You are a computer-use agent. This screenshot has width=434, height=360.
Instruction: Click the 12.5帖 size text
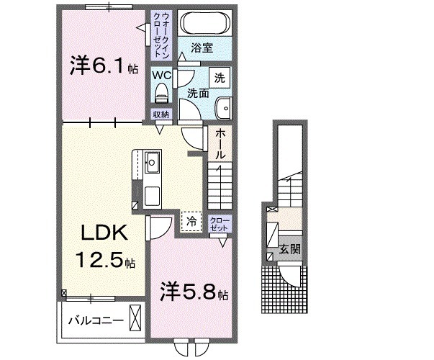click(105, 258)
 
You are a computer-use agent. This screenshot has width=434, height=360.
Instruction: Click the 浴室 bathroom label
click(202, 48)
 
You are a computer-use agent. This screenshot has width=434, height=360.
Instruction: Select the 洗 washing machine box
click(218, 76)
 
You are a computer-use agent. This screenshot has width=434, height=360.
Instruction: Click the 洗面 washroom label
click(199, 93)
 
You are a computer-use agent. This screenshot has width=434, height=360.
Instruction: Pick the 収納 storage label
click(161, 114)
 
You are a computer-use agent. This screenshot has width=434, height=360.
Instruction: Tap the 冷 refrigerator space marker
click(191, 221)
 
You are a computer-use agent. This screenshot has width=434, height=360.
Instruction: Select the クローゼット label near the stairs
click(219, 223)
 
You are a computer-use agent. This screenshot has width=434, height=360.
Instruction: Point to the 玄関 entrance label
click(291, 250)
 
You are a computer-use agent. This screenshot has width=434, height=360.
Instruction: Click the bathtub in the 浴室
click(204, 22)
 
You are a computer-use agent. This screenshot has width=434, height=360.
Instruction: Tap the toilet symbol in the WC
click(161, 92)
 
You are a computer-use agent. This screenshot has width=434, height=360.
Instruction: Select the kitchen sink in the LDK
click(153, 162)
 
